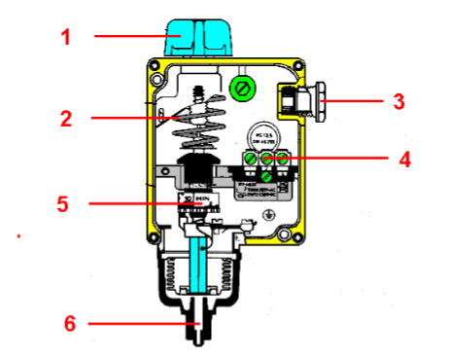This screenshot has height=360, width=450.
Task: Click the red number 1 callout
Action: point(66,38)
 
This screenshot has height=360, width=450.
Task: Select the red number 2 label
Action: point(66,120)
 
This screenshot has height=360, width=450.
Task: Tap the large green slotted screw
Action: point(241,90)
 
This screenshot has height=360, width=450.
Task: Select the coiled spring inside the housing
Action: point(205,126)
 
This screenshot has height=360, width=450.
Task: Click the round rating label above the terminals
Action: point(262,134)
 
